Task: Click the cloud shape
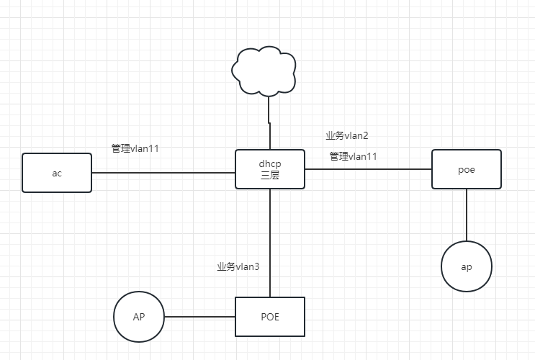(264, 71)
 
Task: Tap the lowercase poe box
(466, 169)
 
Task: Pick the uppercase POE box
(269, 317)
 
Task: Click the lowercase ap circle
(467, 266)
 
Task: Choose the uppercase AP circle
(139, 317)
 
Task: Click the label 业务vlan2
(347, 135)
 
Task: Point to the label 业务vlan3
(238, 267)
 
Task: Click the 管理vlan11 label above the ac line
(135, 148)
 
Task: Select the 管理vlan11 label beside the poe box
(354, 156)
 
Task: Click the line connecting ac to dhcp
(163, 173)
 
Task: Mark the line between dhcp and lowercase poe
(367, 169)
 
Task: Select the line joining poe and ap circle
(467, 215)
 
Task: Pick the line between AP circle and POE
(199, 317)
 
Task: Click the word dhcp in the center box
(269, 163)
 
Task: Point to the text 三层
(269, 175)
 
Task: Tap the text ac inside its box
(57, 174)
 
